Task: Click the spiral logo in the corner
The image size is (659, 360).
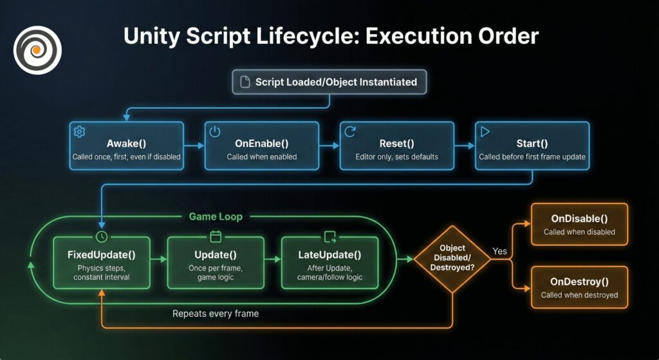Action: [38, 49]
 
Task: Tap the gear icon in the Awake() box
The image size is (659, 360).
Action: [79, 131]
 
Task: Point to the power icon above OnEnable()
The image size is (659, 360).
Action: [215, 131]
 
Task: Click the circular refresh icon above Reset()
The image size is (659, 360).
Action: [350, 131]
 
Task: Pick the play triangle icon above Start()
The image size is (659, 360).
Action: [485, 131]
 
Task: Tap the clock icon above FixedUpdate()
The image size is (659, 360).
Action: [100, 236]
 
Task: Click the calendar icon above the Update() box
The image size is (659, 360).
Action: [216, 236]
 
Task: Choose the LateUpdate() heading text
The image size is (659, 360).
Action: [330, 254]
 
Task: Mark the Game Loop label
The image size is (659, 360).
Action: [216, 216]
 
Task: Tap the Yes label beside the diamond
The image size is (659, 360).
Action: [499, 251]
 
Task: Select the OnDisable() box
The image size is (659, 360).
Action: [579, 224]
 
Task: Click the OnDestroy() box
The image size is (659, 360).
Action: [579, 287]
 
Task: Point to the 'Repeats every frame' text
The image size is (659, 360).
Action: [216, 314]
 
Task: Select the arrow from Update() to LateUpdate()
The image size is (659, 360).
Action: [272, 260]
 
